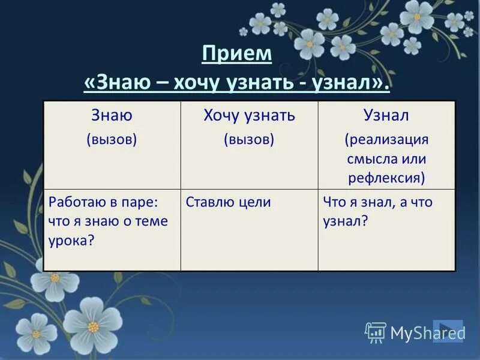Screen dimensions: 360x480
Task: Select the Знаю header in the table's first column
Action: pos(112,115)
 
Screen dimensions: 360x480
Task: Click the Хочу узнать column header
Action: pos(249,115)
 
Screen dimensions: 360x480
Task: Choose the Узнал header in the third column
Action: pos(386,115)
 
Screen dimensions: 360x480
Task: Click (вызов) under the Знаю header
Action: pos(112,139)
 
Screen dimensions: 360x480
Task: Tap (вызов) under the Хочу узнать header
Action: pos(249,139)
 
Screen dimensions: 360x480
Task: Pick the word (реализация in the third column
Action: pos(386,139)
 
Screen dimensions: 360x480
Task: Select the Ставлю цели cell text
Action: pos(229,202)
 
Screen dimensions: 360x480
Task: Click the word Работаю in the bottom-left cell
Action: pos(74,202)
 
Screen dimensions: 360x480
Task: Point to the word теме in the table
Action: pos(149,221)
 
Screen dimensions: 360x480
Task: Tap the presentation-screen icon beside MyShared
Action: pos(376,332)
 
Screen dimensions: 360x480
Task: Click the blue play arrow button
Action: pos(448,331)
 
